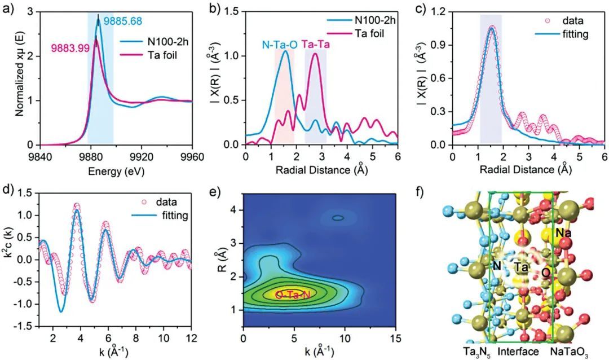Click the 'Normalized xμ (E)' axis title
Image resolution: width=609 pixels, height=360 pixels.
click(x=20, y=78)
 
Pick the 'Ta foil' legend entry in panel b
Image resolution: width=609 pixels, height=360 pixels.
click(x=369, y=33)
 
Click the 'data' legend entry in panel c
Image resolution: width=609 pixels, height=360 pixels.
click(x=574, y=21)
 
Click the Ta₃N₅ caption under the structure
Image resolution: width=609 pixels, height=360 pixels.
click(x=461, y=352)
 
